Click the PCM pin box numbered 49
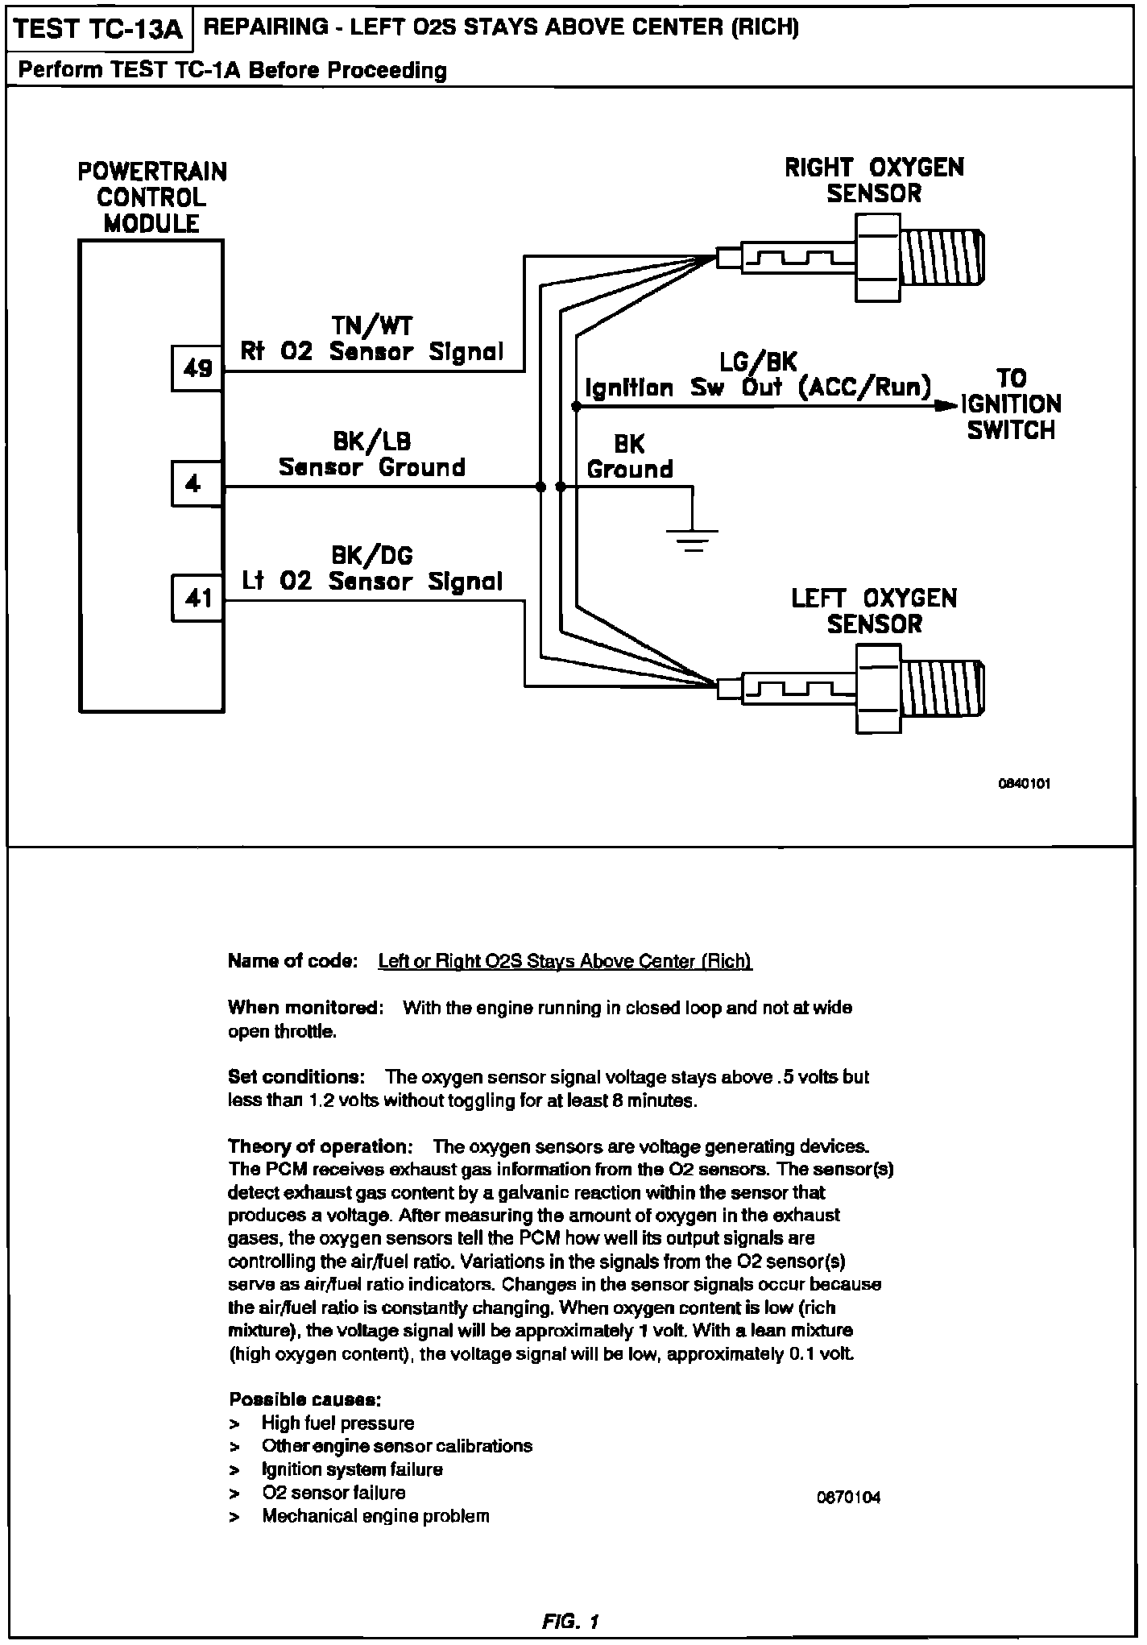(197, 369)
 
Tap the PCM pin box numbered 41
(197, 598)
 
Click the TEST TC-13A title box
(100, 30)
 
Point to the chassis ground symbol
(692, 538)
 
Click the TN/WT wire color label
(372, 325)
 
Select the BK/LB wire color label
(372, 441)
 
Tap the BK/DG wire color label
(372, 555)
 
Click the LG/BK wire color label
(757, 363)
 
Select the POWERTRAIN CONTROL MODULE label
(152, 197)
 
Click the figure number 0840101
(1025, 783)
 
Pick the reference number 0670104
(849, 1498)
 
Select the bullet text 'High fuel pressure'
(337, 1423)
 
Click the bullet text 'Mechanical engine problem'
(375, 1516)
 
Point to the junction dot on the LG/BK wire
(576, 407)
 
